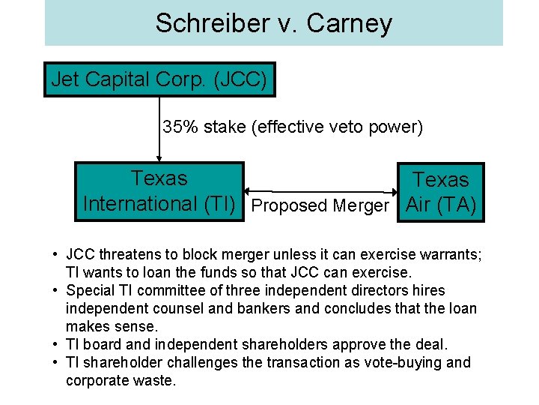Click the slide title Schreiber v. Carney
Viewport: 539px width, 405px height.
point(273,23)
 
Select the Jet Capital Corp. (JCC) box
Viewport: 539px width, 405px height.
point(159,79)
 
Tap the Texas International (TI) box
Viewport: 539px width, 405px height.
point(159,191)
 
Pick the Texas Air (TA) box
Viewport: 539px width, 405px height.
point(441,192)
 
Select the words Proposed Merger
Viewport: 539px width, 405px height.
point(320,205)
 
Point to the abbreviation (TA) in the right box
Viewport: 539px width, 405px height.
point(457,204)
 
